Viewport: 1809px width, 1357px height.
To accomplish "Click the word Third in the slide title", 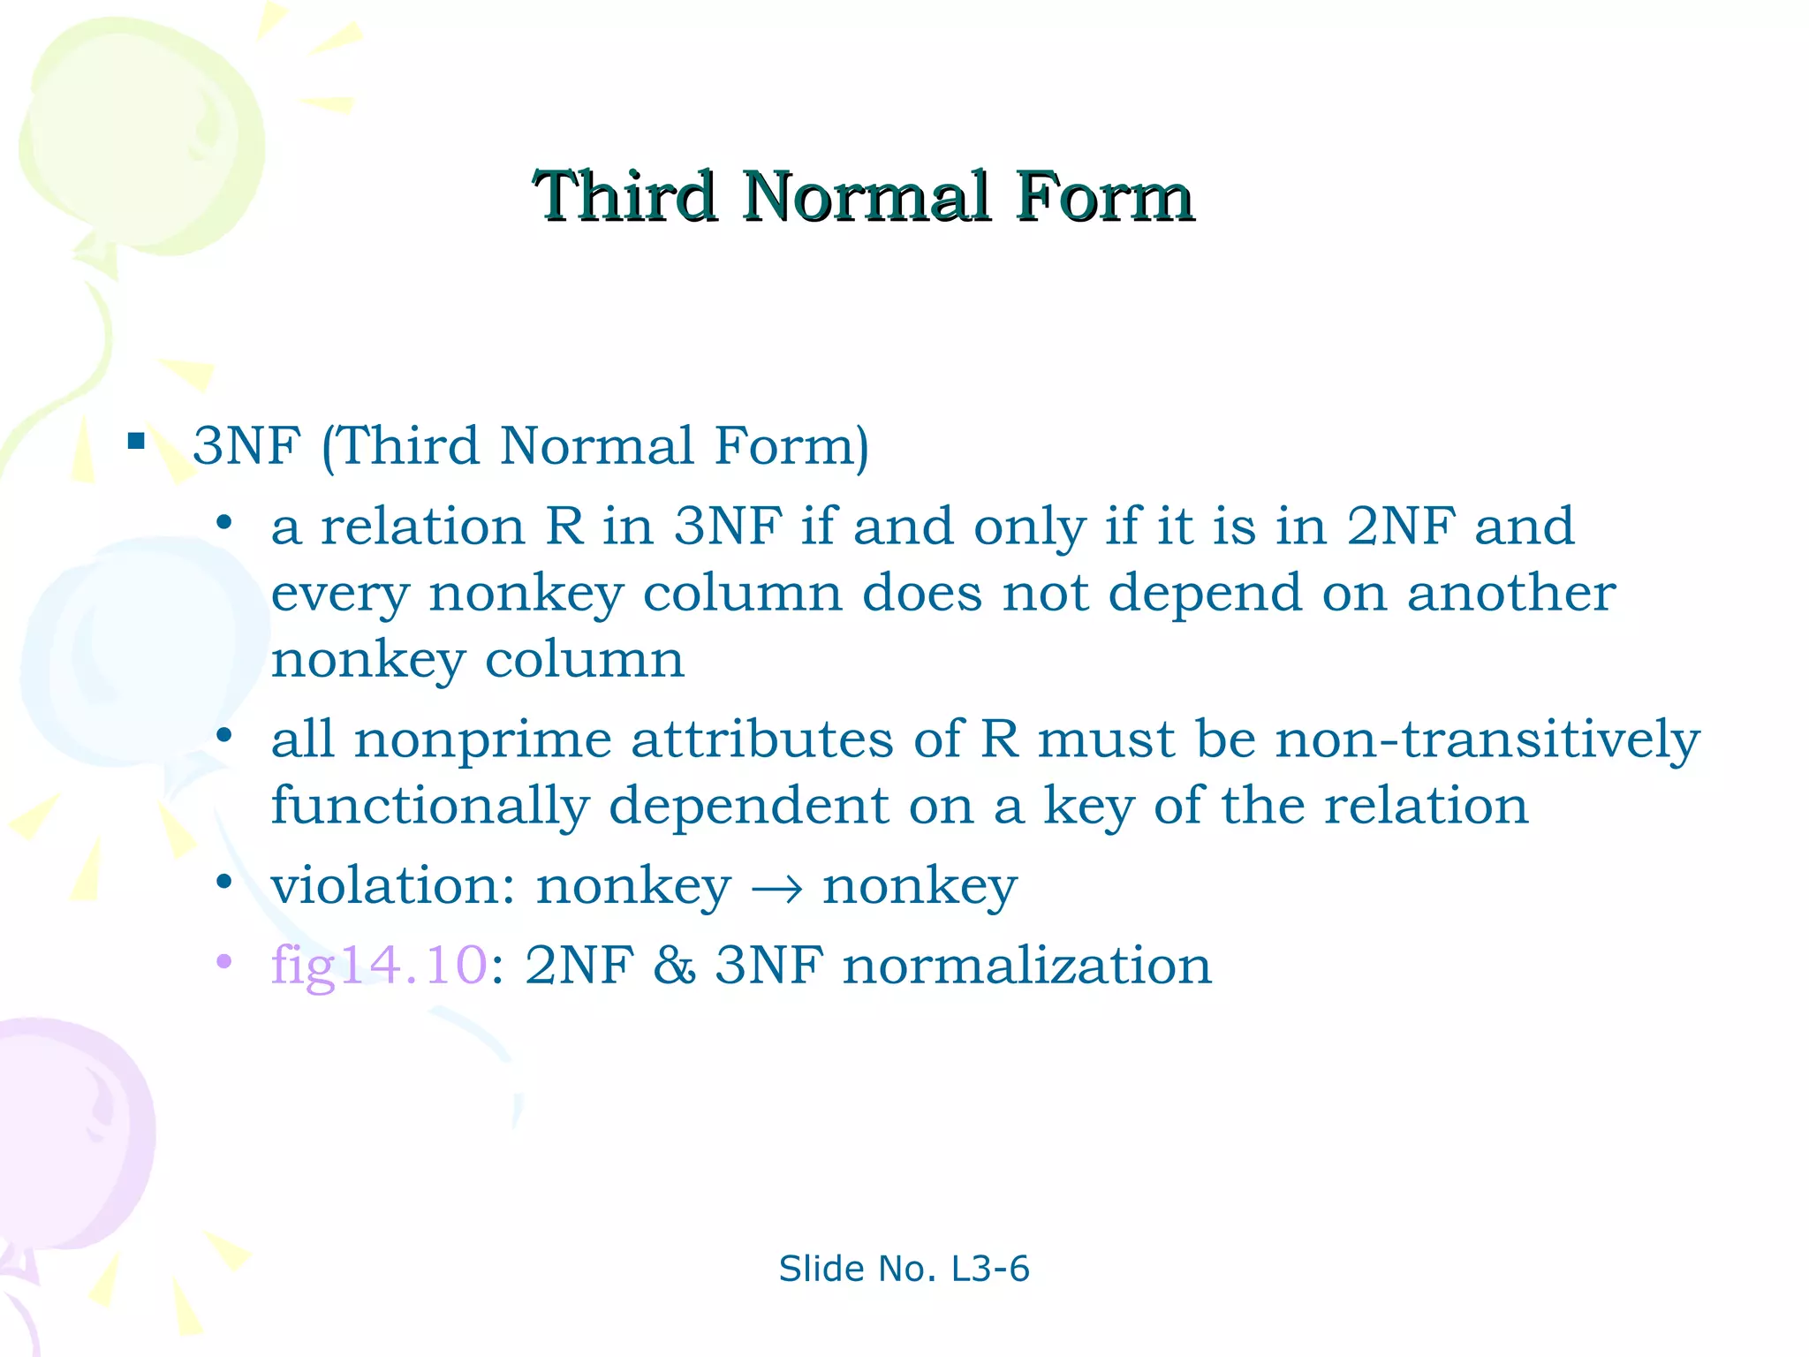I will tap(624, 196).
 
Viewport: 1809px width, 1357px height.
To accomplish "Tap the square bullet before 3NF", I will tap(136, 441).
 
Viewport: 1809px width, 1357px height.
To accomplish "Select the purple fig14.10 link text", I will tap(379, 964).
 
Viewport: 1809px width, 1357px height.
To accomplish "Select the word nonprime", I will tap(483, 740).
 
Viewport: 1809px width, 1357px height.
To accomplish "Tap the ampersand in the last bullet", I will tap(675, 964).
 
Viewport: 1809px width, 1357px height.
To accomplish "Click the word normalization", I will tap(1026, 964).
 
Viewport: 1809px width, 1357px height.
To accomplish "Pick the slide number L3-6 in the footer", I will tap(990, 1269).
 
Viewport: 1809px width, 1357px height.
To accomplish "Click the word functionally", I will tap(430, 806).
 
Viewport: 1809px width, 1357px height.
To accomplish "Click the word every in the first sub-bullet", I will tap(340, 594).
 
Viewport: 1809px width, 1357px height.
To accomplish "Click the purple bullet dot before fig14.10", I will tap(224, 961).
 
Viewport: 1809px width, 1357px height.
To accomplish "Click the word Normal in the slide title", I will tap(865, 196).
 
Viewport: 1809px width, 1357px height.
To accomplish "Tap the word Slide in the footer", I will tap(821, 1269).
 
